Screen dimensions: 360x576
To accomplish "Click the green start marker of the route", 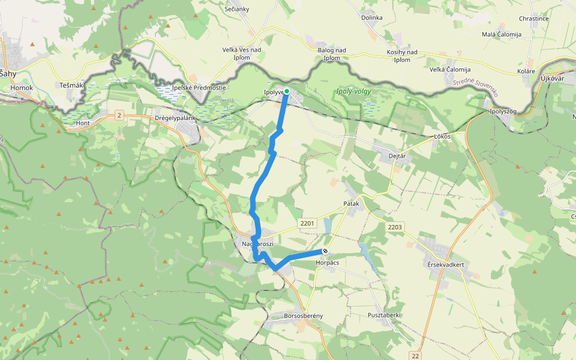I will tap(287, 91).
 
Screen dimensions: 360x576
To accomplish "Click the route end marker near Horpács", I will tap(325, 251).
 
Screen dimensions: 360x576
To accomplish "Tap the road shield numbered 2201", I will tap(306, 224).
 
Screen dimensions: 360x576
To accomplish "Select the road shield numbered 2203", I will tap(395, 227).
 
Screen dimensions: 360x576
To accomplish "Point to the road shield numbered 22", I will tap(416, 356).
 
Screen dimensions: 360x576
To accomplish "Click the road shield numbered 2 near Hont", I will tap(119, 115).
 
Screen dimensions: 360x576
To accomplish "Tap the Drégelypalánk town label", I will tap(176, 118).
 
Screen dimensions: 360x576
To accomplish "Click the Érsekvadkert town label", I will tap(447, 265).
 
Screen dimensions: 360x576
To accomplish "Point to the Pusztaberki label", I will tap(384, 315).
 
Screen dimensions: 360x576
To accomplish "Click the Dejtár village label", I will tap(399, 156).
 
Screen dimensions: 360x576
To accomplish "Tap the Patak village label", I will tap(352, 204).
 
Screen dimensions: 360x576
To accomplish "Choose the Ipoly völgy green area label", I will tap(353, 92).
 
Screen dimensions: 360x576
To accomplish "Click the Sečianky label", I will tap(236, 9).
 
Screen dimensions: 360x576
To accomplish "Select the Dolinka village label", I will tap(371, 17).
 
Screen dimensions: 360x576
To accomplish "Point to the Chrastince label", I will tap(533, 19).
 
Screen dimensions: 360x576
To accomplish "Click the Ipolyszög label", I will tap(503, 112).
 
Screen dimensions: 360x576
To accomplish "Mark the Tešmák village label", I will tap(71, 85).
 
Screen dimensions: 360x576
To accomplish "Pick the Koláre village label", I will tap(526, 71).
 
